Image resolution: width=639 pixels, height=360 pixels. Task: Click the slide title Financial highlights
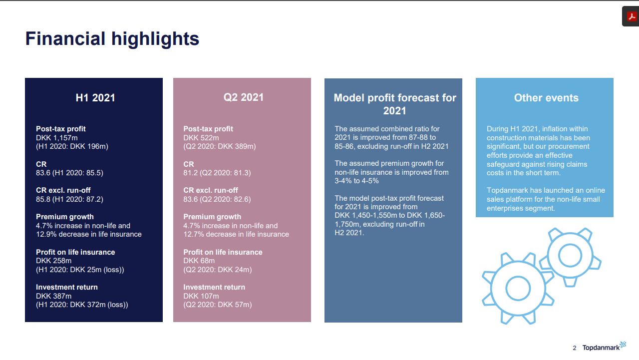(x=112, y=39)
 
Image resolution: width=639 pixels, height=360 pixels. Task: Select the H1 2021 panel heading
(x=95, y=98)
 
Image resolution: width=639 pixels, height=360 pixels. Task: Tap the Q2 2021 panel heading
(x=244, y=97)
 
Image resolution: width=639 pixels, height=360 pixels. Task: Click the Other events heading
(x=546, y=98)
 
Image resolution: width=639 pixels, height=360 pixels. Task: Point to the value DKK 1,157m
(x=56, y=138)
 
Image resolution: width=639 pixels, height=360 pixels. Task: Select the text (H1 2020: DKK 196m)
(x=72, y=146)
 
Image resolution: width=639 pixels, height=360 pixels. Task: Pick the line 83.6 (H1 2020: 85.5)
(x=69, y=173)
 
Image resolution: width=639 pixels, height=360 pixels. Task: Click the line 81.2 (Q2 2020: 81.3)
(x=217, y=173)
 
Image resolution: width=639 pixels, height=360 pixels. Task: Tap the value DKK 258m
(x=54, y=261)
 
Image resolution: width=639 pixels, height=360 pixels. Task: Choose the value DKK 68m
(x=199, y=261)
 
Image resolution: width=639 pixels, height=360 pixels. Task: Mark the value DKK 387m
(x=54, y=296)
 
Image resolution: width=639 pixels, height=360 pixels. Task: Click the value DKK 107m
(x=201, y=296)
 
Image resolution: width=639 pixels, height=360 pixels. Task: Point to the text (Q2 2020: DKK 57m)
(x=218, y=305)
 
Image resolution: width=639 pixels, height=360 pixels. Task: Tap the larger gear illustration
(x=518, y=288)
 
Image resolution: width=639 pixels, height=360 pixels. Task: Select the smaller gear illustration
(x=570, y=256)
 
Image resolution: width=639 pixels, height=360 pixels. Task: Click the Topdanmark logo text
(x=601, y=348)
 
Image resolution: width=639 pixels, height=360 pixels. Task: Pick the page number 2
(x=575, y=348)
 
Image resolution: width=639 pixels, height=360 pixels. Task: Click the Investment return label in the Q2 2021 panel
(x=214, y=287)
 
